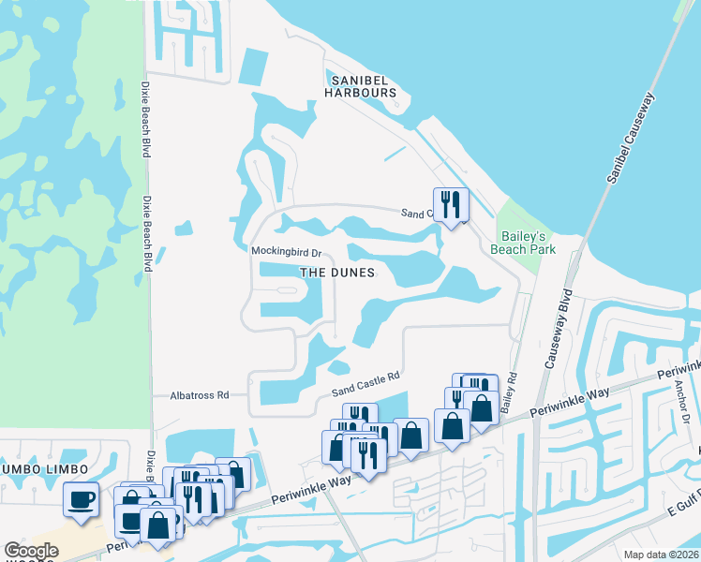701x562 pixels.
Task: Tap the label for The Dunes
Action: click(337, 273)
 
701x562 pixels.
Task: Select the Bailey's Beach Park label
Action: click(524, 242)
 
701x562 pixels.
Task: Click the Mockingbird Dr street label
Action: click(286, 252)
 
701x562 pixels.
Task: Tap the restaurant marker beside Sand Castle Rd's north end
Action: click(451, 203)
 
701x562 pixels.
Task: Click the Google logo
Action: click(31, 551)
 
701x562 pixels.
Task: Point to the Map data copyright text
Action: click(664, 554)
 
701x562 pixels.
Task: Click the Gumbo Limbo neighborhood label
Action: click(42, 468)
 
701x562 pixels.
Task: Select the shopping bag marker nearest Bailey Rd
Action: click(481, 408)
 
